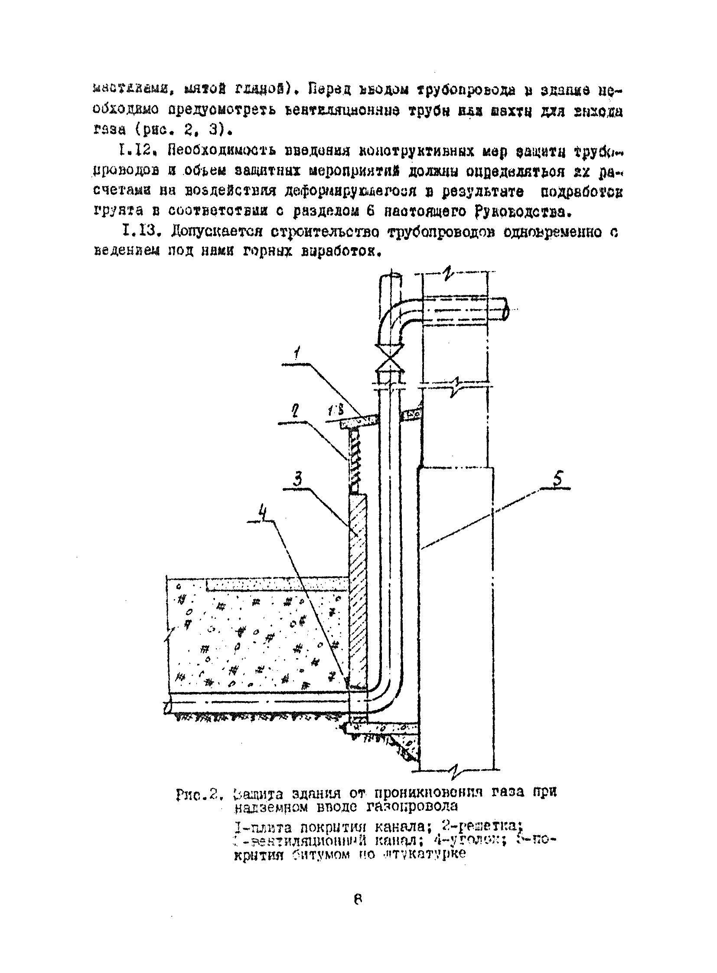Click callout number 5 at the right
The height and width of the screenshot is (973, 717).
click(557, 479)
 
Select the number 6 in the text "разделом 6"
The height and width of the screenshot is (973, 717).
click(371, 212)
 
